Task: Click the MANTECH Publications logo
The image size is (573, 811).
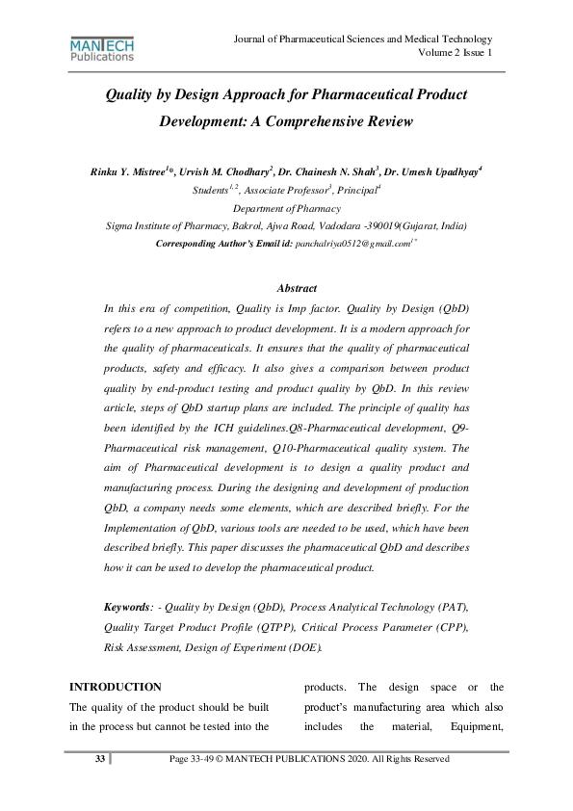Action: (102, 48)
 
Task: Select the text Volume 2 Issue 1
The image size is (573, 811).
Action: (456, 53)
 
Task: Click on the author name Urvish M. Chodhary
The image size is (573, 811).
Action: (225, 171)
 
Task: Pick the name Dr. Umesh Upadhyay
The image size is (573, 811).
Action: (430, 171)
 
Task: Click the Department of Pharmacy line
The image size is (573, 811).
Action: (286, 208)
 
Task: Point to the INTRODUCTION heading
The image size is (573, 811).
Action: (115, 687)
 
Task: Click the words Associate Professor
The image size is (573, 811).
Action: (287, 191)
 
